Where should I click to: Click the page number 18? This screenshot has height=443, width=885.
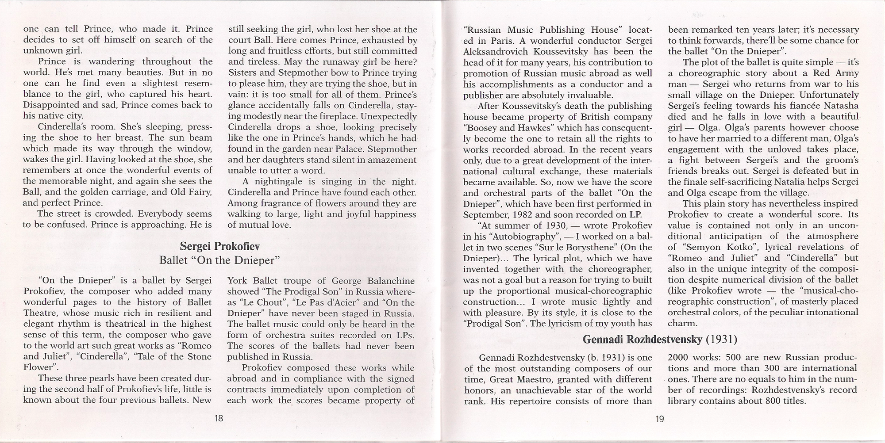coord(219,418)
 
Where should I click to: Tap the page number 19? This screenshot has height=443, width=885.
coord(660,419)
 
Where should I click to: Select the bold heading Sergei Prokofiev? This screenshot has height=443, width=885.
coord(220,246)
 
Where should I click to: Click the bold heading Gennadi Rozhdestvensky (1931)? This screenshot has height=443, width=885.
coord(660,340)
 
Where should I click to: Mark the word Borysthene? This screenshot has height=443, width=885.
coord(586,247)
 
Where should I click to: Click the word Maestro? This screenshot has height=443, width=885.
coord(533,379)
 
